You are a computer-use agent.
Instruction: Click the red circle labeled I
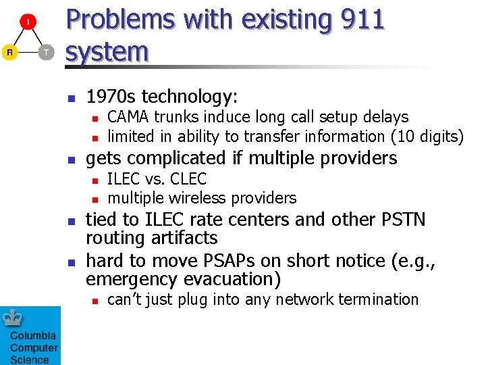[28, 22]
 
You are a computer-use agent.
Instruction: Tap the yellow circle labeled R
[9, 52]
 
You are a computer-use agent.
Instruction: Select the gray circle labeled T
[46, 52]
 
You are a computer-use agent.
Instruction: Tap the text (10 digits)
[427, 137]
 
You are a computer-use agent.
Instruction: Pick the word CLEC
[189, 179]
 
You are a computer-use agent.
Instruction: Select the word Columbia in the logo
[32, 336]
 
